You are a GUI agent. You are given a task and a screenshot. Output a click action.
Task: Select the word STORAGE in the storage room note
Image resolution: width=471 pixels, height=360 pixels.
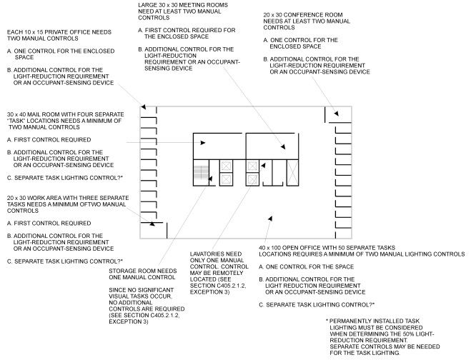point(122,271)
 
